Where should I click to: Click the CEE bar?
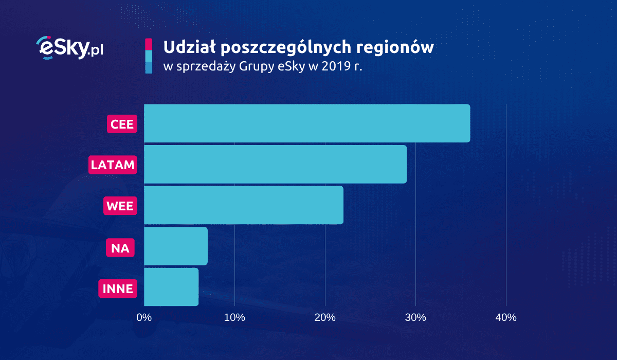tap(307, 123)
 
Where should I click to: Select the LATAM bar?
tap(275, 164)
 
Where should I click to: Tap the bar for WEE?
tap(244, 205)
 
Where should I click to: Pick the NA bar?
tap(176, 246)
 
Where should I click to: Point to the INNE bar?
tap(171, 287)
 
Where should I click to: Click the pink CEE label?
tap(122, 124)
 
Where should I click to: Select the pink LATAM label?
tap(113, 165)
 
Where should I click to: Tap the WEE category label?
tap(120, 206)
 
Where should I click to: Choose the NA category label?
tap(120, 248)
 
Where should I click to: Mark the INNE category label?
tap(118, 289)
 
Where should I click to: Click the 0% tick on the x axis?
tap(144, 318)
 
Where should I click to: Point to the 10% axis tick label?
tap(234, 318)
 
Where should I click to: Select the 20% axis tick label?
tap(325, 318)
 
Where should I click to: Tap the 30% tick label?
tap(415, 318)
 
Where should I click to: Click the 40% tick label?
tap(505, 318)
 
